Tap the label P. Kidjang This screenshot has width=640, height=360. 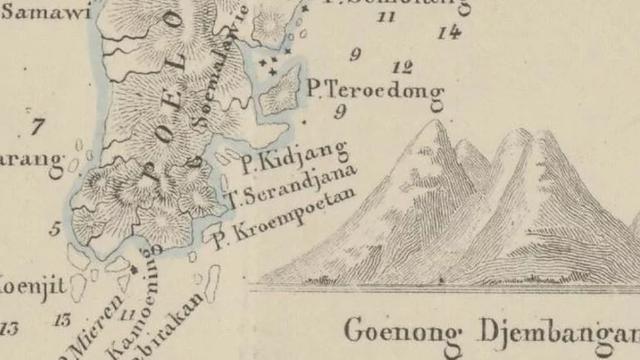pos(294,155)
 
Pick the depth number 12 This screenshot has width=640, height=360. pos(404,68)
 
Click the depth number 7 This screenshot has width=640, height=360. pos(38,127)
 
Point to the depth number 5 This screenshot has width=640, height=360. pos(55,229)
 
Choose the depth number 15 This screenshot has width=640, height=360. pos(63,320)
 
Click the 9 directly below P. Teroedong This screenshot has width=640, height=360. pos(340,111)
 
